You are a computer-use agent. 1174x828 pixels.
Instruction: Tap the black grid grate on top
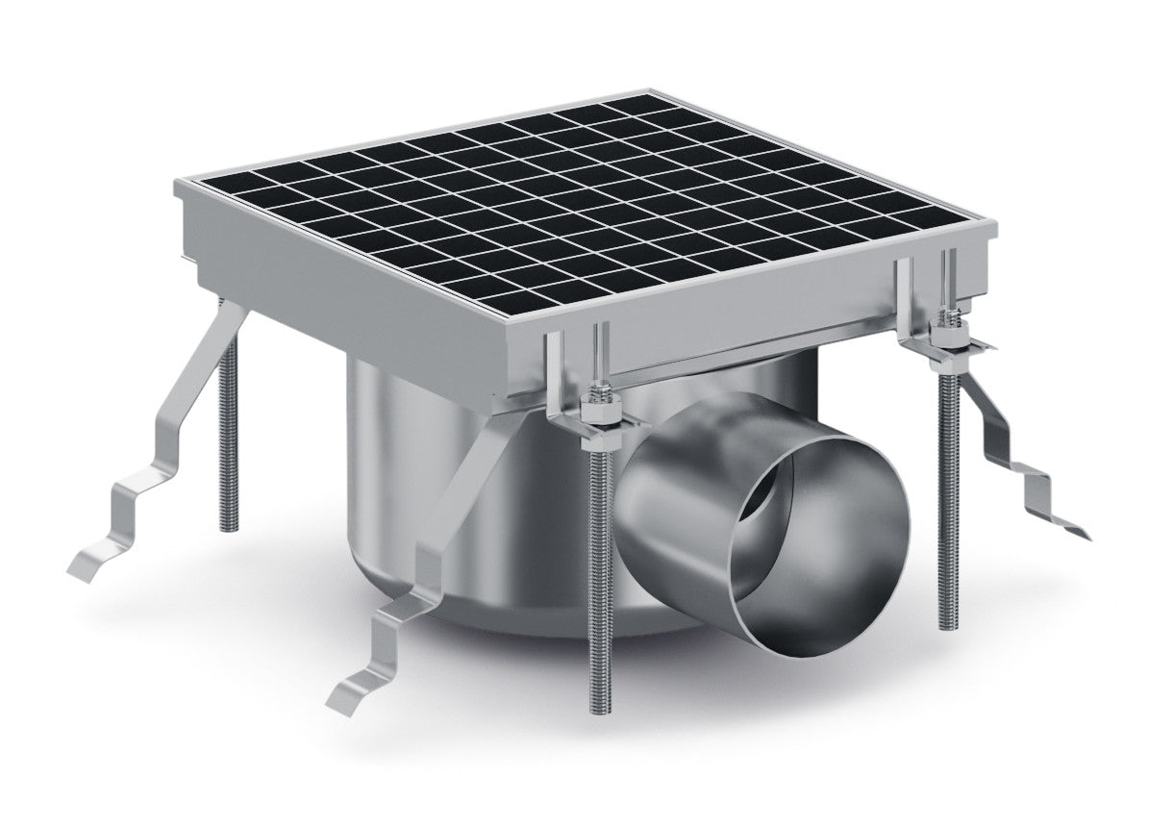(577, 202)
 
